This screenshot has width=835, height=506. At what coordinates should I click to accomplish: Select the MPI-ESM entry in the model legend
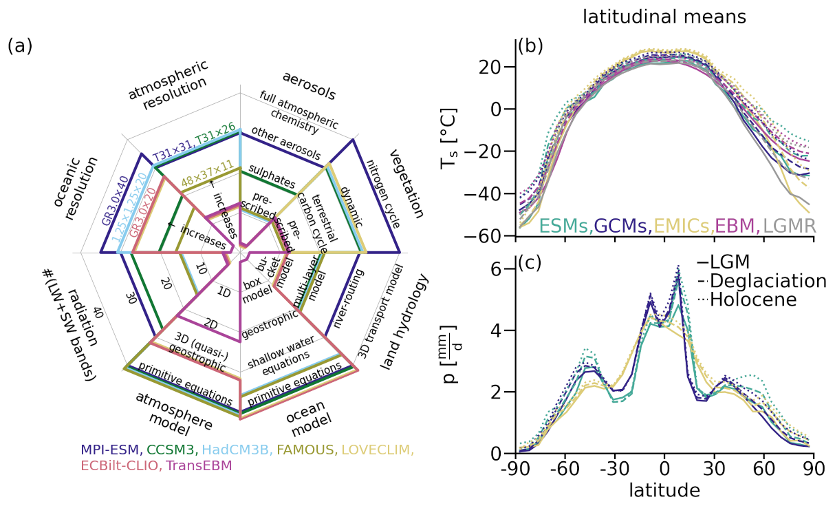tap(111, 450)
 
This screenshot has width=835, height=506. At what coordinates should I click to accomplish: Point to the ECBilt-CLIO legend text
tap(122, 466)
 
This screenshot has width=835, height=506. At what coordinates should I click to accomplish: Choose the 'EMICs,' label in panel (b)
tap(681, 226)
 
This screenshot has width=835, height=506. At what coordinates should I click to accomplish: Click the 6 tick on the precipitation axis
tap(500, 268)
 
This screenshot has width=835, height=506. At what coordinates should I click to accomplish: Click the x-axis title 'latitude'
tap(664, 491)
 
